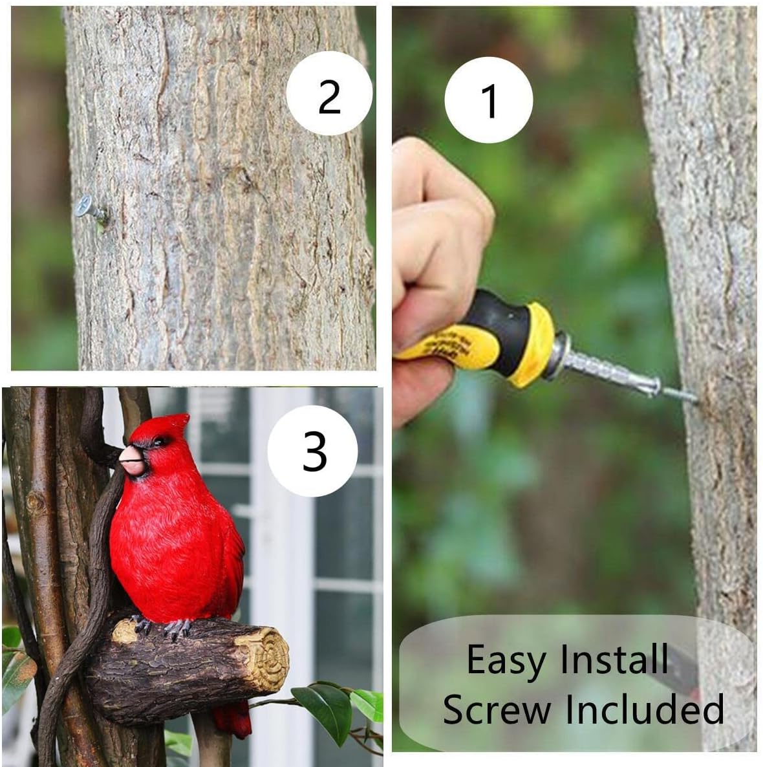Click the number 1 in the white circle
coord(489,101)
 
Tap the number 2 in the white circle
coord(329,96)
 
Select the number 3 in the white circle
coord(314,451)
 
